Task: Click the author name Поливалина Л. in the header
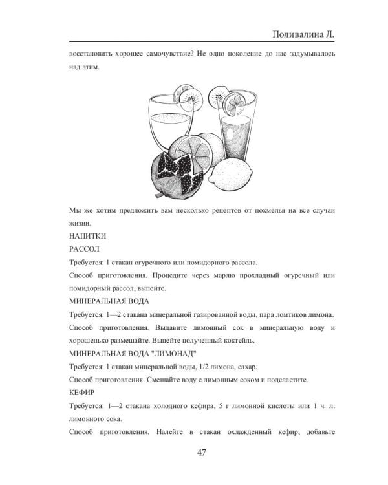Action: coord(303,34)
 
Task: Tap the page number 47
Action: coord(201,452)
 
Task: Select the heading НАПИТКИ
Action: coord(87,236)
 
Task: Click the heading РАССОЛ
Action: coord(84,248)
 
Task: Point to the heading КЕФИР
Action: coord(81,392)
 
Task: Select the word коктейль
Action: coord(241,339)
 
